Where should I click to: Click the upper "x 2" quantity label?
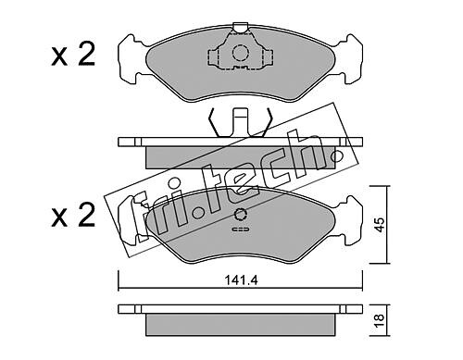click(x=73, y=55)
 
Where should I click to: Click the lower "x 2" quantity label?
click(x=73, y=216)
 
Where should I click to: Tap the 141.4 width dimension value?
click(x=241, y=280)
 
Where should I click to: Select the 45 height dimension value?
click(x=381, y=224)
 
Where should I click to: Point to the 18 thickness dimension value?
click(x=381, y=321)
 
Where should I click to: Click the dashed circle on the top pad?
click(x=241, y=53)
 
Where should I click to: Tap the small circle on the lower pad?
click(x=241, y=215)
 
